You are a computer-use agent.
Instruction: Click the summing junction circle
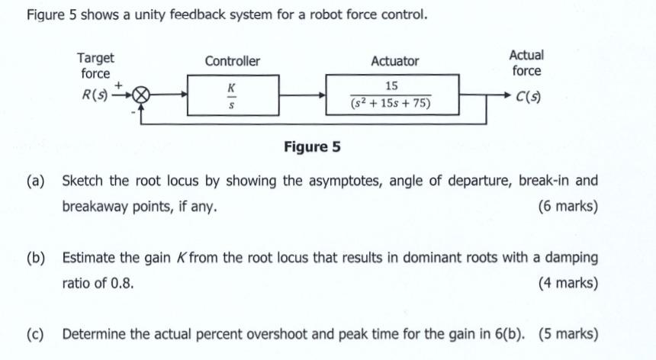(141, 95)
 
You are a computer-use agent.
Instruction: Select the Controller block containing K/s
(233, 95)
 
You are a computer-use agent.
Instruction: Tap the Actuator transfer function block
(392, 95)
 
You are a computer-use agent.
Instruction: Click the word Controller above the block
(232, 61)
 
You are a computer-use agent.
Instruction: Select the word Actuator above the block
(394, 61)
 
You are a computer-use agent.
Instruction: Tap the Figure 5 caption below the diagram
(312, 146)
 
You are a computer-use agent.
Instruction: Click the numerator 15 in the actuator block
(391, 85)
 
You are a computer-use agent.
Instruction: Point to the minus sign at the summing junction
(133, 111)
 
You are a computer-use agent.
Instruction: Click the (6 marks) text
(568, 207)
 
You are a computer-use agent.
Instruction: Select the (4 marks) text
(568, 283)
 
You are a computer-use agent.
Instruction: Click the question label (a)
(35, 182)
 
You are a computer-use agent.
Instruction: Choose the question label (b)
(35, 258)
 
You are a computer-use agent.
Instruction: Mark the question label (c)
(35, 334)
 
